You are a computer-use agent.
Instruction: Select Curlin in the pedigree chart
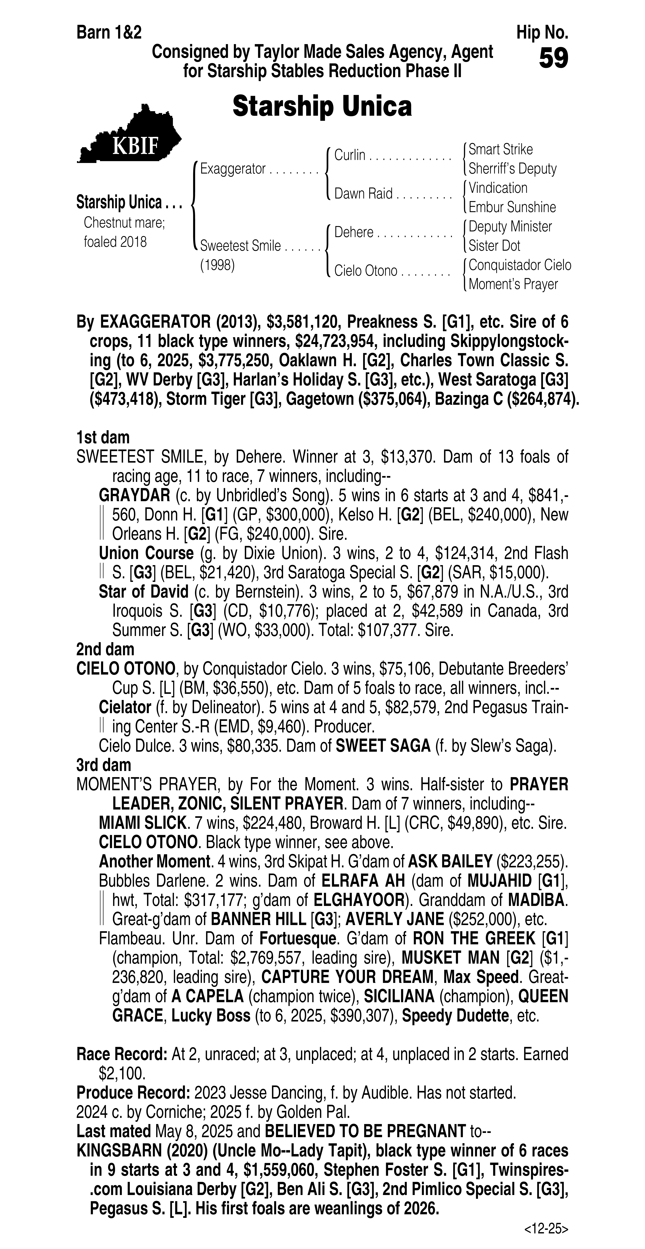point(350,155)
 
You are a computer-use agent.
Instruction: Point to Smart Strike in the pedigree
point(500,149)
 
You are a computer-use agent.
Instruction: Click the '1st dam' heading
point(103,437)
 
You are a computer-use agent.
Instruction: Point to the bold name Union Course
point(146,553)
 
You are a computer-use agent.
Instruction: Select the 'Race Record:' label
point(122,1054)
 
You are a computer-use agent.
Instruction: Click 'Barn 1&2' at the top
point(109,33)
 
